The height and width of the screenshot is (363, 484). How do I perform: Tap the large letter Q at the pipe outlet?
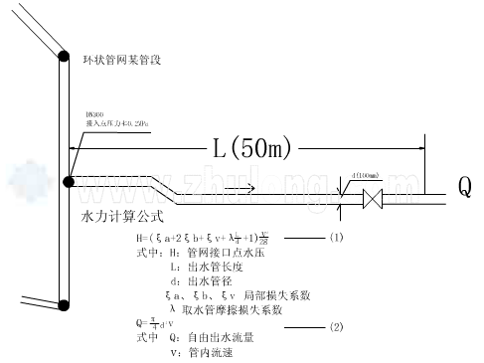464,186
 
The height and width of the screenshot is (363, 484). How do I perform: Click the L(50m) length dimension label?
252,149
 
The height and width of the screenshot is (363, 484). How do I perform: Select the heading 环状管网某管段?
121,62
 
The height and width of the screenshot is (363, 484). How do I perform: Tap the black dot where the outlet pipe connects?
69,182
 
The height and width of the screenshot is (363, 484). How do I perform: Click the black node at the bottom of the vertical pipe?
63,305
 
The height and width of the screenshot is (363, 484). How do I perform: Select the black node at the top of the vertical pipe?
63,56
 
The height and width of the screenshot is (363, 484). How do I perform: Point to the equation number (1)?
336,238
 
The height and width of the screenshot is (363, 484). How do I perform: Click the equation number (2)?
336,326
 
